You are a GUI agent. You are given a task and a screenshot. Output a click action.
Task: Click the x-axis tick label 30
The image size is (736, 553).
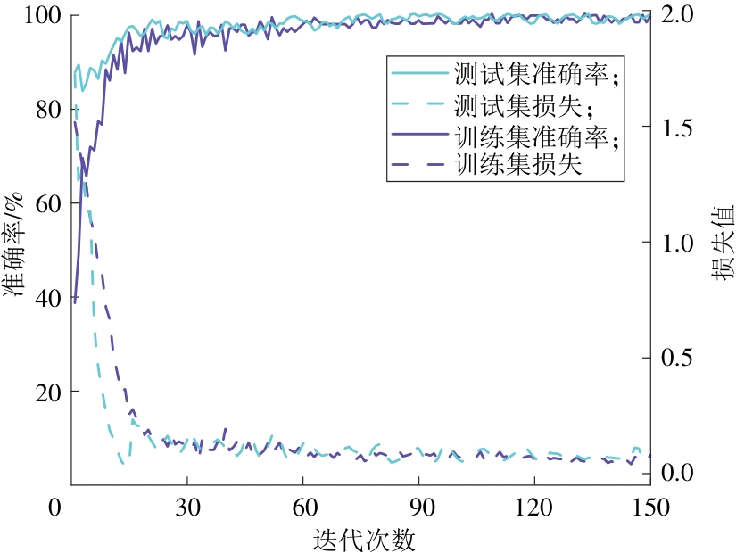pyautogui.click(x=186, y=507)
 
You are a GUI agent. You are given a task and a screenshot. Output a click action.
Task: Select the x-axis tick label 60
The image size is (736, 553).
pyautogui.click(x=302, y=507)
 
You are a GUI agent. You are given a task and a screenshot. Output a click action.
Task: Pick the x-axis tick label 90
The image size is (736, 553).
pyautogui.click(x=418, y=507)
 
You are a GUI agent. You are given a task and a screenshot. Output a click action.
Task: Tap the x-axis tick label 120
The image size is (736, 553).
pyautogui.click(x=533, y=507)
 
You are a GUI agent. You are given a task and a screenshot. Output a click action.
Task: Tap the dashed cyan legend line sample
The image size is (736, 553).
pyautogui.click(x=418, y=106)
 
